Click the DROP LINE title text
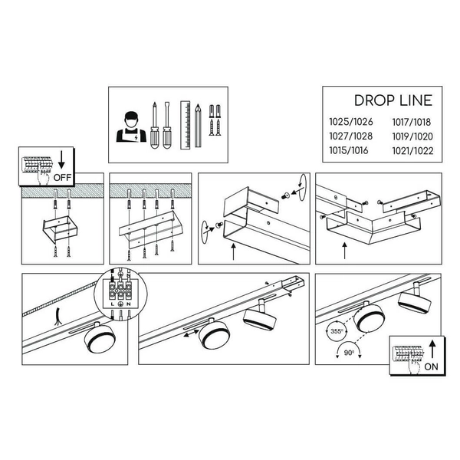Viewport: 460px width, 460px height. (x=393, y=100)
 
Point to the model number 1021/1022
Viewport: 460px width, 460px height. (x=412, y=150)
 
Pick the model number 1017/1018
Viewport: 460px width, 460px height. (x=412, y=121)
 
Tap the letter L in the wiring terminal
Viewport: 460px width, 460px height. (x=112, y=304)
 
